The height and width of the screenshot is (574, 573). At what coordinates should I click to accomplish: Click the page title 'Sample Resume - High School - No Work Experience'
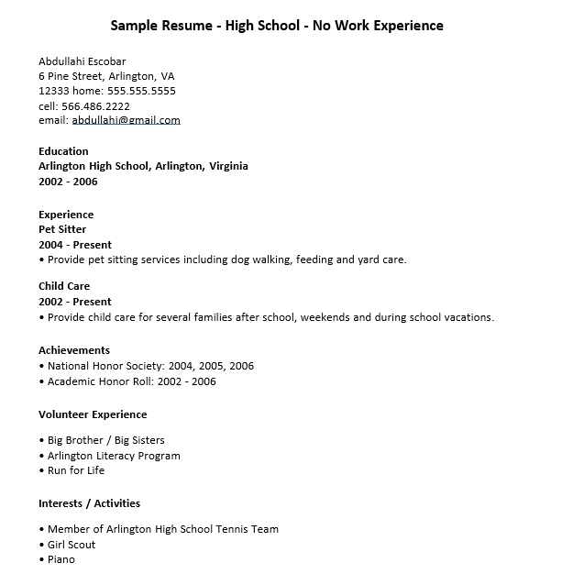[x=276, y=26]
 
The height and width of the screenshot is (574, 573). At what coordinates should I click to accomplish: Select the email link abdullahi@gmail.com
[x=127, y=120]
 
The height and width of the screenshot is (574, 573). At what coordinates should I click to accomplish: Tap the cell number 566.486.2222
[x=95, y=105]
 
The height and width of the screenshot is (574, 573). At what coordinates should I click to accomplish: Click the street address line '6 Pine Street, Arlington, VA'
[x=106, y=76]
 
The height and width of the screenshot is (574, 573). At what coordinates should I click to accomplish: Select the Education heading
[x=63, y=151]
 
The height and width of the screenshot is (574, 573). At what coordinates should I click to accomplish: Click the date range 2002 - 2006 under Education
[x=68, y=182]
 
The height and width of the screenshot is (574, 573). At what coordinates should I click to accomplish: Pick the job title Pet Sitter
[x=62, y=229]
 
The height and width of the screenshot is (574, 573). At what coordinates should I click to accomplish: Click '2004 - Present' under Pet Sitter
[x=75, y=245]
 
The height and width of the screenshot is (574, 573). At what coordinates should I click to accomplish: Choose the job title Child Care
[x=63, y=286]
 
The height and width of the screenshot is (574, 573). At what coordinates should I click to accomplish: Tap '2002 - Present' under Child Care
[x=75, y=302]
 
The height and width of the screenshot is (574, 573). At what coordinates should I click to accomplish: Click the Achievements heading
[x=74, y=350]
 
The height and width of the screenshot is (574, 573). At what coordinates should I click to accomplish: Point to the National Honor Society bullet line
[x=147, y=366]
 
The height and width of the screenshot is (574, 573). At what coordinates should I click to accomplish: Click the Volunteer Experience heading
[x=93, y=414]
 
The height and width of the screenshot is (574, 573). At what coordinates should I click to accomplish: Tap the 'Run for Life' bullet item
[x=75, y=470]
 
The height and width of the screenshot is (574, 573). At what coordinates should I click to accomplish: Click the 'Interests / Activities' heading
[x=89, y=503]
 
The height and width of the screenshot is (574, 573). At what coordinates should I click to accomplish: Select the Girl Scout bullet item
[x=71, y=545]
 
